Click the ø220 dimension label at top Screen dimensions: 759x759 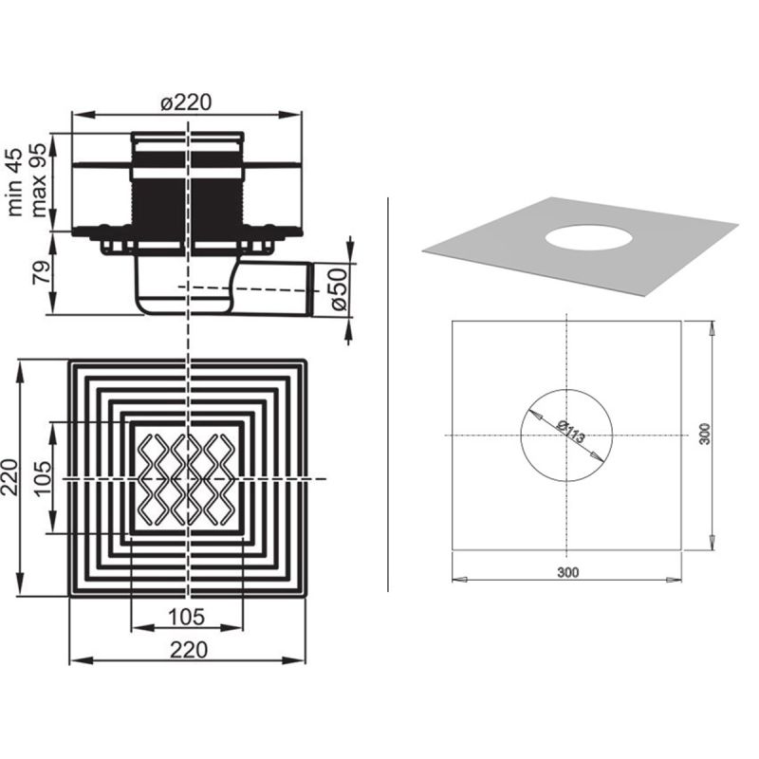186,102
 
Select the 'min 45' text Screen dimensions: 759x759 15,182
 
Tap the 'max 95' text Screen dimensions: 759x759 38,180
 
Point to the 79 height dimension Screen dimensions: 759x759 41,272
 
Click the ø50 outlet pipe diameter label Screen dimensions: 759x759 339,289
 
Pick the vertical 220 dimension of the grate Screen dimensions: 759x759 9,477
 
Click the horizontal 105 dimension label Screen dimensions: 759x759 186,616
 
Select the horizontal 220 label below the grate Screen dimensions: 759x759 189,650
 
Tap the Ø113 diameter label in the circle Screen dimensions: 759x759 571,432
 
